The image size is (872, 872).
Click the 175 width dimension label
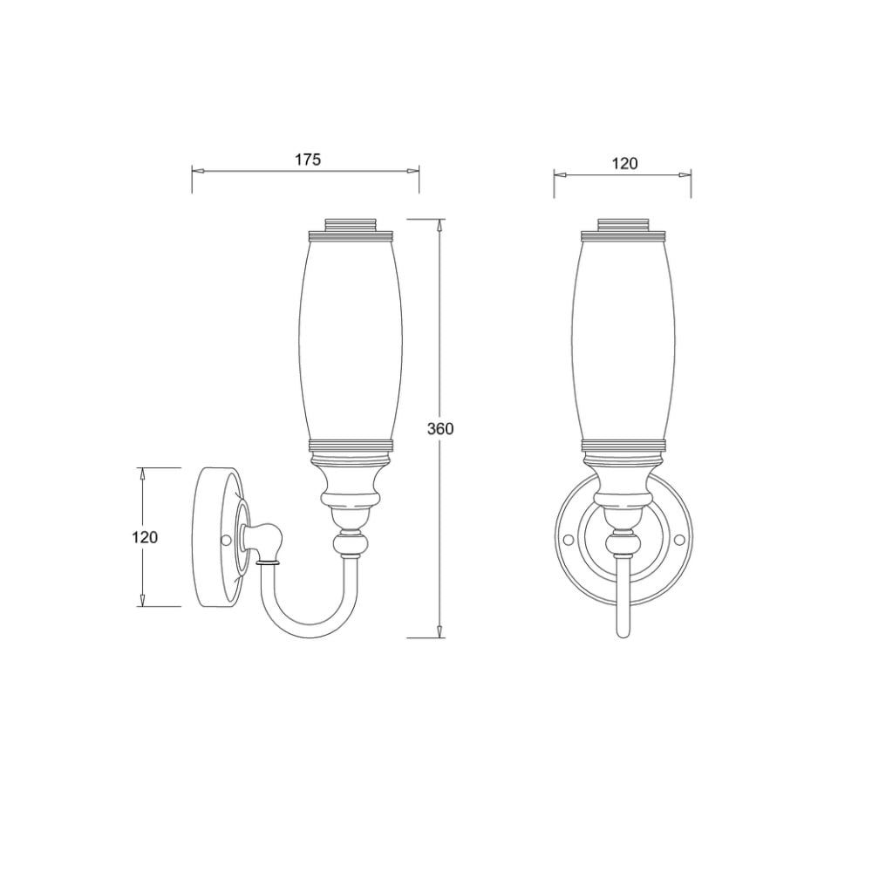tap(308, 160)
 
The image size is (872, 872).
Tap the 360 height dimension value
tap(440, 429)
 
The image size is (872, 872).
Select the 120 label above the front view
tap(624, 164)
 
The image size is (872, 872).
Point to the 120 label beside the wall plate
tap(145, 537)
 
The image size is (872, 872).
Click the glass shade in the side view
tap(351, 338)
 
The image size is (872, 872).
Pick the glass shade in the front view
tap(623, 338)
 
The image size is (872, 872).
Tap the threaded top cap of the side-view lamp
tap(351, 225)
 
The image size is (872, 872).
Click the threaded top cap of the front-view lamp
tap(623, 225)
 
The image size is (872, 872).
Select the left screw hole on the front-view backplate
tap(569, 540)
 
